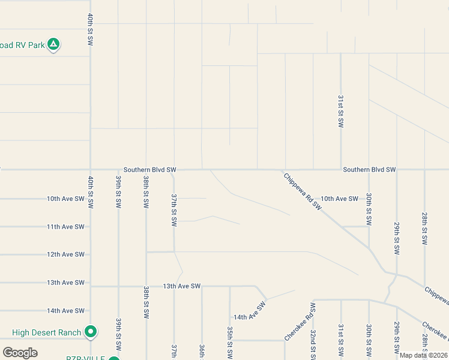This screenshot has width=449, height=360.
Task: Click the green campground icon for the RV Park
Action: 53,44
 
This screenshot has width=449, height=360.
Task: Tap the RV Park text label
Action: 22,45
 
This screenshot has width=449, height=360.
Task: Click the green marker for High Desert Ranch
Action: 91,331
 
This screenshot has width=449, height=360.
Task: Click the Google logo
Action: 20,352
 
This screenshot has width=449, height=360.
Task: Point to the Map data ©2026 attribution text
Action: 424,355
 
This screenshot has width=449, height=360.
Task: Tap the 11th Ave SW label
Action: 65,227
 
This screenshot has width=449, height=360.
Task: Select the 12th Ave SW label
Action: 65,254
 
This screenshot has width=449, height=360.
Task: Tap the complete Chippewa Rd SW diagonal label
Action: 303,191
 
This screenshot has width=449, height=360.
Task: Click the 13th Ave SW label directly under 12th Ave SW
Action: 65,283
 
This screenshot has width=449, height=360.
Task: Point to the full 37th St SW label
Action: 174,209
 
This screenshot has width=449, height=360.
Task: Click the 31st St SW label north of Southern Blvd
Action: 340,111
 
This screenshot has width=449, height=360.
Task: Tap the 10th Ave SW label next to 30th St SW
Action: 339,199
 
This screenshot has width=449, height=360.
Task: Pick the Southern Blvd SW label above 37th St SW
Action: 150,170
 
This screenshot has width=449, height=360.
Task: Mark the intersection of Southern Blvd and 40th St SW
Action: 91,169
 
